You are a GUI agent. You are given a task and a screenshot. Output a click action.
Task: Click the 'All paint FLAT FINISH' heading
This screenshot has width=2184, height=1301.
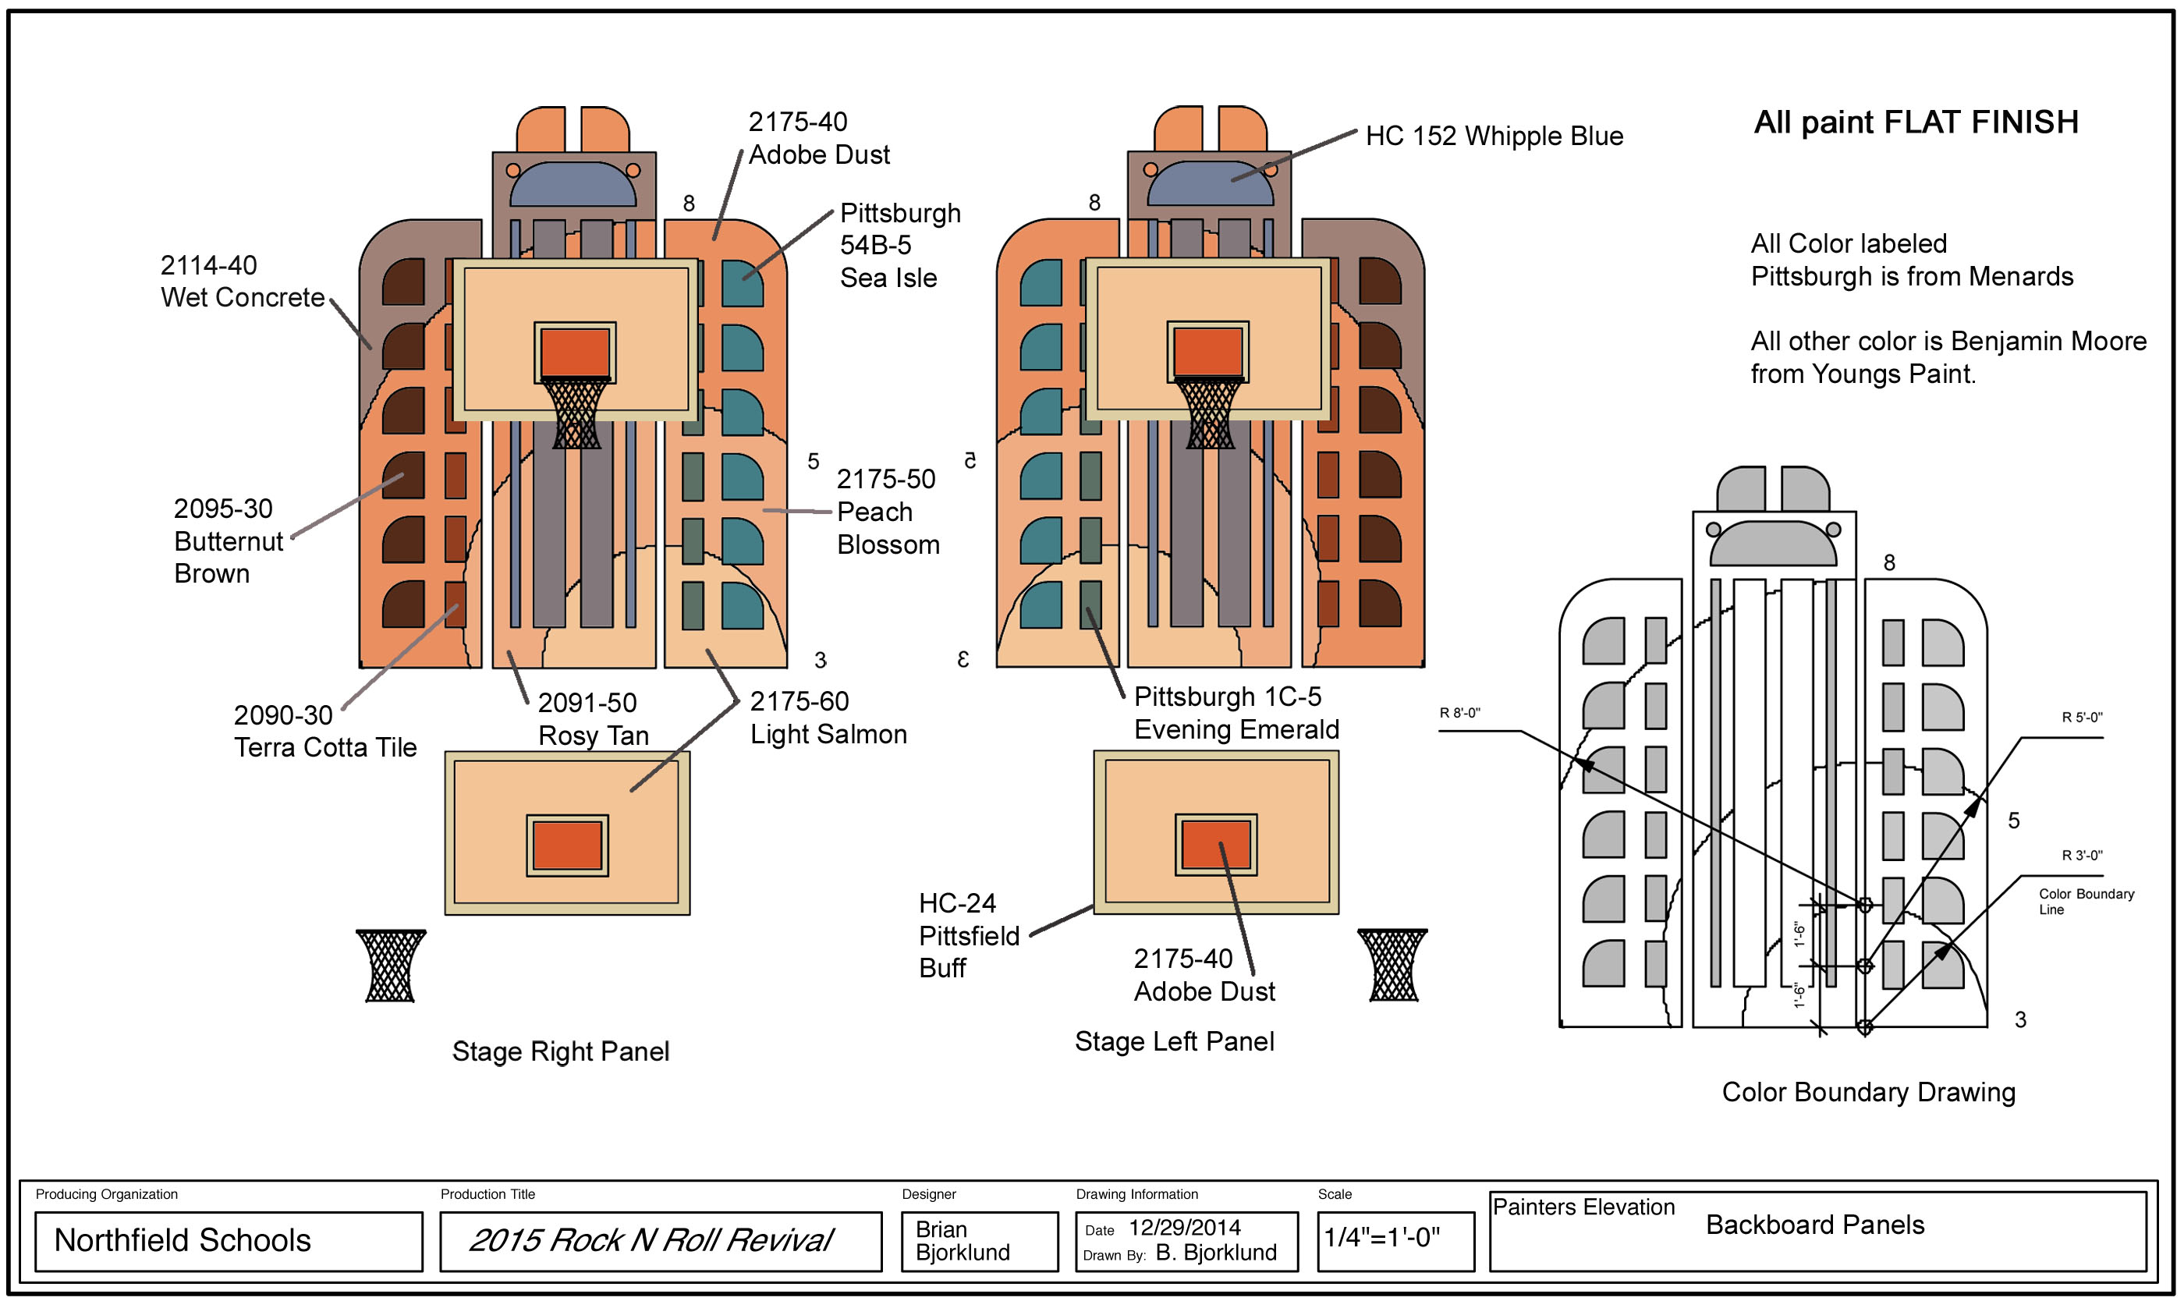1915,122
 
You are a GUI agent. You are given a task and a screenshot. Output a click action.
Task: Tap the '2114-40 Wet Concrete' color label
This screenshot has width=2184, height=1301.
242,282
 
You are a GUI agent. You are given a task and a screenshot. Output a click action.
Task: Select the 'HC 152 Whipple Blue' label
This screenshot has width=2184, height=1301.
1493,136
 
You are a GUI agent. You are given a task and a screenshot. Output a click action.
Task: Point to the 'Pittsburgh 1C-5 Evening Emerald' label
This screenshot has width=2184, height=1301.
1236,713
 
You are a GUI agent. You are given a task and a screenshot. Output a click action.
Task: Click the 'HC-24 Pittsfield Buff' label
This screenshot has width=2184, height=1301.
968,935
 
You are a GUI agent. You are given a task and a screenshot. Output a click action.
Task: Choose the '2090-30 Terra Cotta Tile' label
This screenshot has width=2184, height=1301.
324,731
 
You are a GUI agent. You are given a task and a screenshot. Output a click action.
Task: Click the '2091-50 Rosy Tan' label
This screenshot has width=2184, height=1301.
593,719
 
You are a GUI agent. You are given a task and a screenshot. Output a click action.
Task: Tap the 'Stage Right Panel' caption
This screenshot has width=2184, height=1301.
560,1051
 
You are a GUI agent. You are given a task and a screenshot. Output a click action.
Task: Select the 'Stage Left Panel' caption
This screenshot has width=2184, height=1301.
1174,1041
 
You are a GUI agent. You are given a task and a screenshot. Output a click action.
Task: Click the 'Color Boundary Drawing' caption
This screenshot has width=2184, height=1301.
1867,1092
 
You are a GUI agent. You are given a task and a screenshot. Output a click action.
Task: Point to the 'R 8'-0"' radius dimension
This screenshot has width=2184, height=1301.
1459,713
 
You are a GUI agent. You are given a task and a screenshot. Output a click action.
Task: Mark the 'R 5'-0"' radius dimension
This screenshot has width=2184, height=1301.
2081,717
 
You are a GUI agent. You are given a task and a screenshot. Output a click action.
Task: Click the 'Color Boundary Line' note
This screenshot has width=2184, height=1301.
2085,901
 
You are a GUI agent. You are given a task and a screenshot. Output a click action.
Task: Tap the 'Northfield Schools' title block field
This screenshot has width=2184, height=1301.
183,1240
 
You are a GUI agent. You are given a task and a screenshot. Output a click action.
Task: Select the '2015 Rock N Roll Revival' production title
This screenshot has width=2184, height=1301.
651,1240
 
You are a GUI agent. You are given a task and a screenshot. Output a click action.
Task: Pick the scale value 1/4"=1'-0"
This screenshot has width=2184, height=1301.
1381,1238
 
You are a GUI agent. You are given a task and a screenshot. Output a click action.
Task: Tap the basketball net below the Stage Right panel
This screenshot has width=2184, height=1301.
391,966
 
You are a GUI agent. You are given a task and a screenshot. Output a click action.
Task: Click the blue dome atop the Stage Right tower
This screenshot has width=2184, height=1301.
573,185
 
